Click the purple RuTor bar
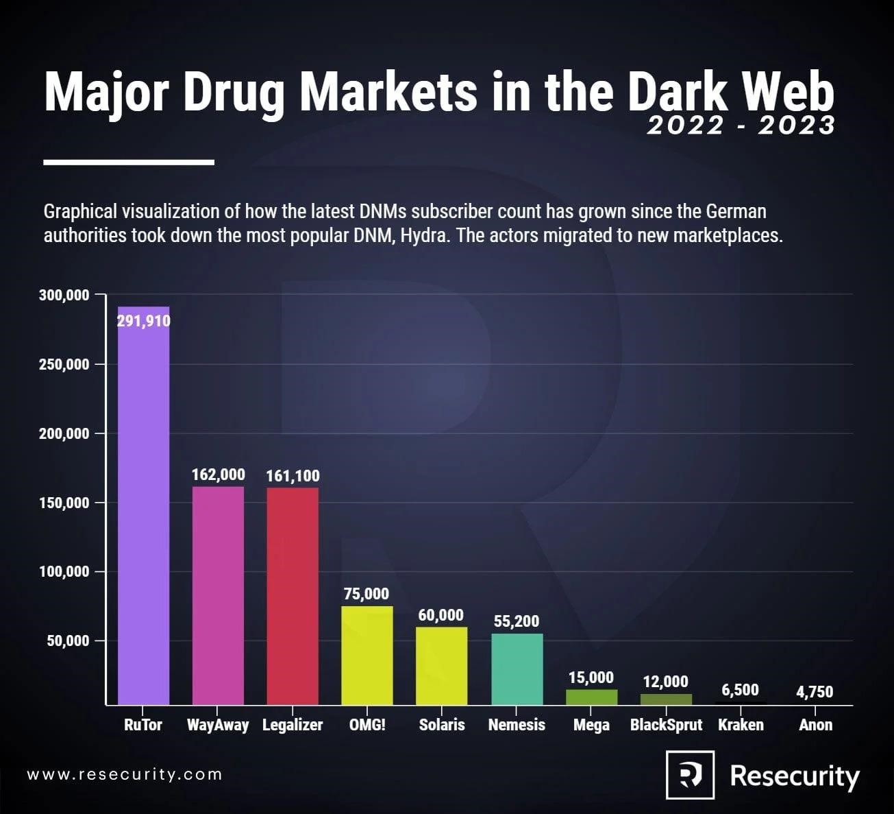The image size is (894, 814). click(143, 507)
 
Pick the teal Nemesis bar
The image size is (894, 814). click(517, 669)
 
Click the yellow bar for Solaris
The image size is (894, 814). click(442, 665)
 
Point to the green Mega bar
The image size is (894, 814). click(591, 697)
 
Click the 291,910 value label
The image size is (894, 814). click(143, 321)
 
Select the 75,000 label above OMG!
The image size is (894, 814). click(367, 594)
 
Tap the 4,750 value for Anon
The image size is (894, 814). click(815, 691)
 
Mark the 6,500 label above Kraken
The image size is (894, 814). click(740, 690)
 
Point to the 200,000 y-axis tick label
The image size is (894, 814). click(64, 433)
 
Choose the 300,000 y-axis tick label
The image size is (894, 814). click(64, 295)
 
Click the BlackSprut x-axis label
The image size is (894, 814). click(666, 725)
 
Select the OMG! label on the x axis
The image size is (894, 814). click(367, 725)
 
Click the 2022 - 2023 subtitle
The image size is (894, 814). click(741, 125)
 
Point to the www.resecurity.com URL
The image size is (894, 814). click(125, 775)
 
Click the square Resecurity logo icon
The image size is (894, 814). click(690, 775)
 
